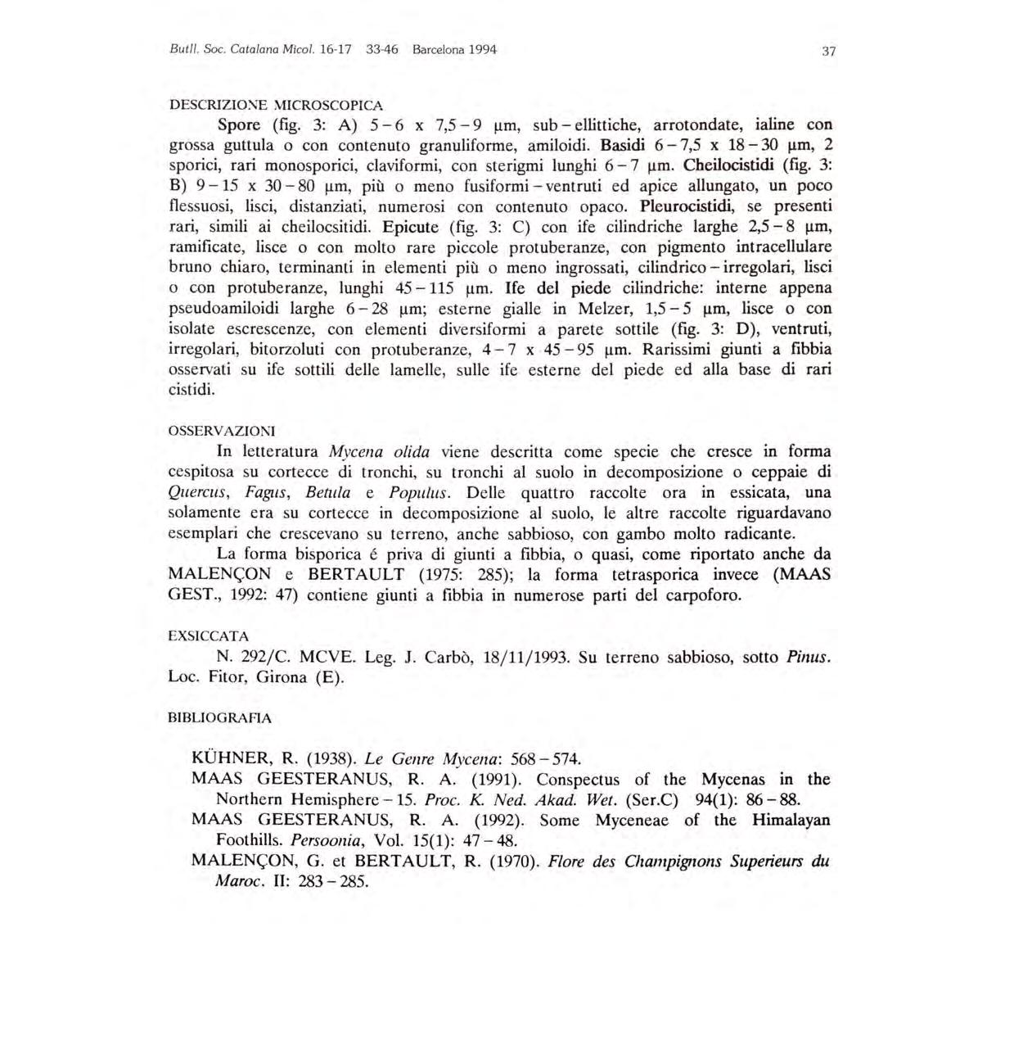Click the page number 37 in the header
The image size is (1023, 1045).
[828, 52]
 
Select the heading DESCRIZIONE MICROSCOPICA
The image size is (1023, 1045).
[275, 105]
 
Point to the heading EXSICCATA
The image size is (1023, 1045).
[208, 636]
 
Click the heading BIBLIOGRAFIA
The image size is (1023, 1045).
[219, 718]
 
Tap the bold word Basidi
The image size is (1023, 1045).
[625, 146]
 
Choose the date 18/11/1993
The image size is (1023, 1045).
[525, 657]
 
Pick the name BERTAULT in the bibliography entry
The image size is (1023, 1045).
[415, 862]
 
